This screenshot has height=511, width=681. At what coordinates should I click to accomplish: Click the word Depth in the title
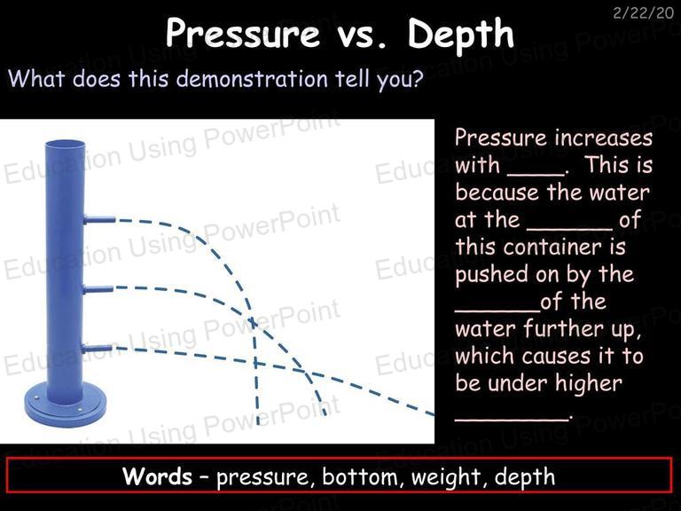click(x=460, y=35)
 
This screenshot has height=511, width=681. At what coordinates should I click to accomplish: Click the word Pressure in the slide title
click(x=242, y=33)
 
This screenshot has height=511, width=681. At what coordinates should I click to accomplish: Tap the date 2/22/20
click(x=644, y=13)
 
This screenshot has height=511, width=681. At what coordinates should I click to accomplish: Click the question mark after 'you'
click(x=418, y=78)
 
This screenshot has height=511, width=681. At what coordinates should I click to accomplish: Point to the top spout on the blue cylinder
click(x=99, y=219)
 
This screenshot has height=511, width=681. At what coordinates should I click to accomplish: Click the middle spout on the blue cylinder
click(x=98, y=289)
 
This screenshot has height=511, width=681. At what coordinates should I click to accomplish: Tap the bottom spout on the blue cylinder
click(x=97, y=348)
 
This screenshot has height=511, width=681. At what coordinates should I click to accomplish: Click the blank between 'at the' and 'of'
click(x=570, y=229)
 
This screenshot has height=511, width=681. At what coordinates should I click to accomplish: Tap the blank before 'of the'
click(x=497, y=311)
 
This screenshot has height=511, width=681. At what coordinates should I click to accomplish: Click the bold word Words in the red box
click(x=157, y=476)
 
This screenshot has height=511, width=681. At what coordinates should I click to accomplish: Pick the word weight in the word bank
click(x=446, y=477)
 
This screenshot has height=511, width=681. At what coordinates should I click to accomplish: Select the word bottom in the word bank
click(x=360, y=476)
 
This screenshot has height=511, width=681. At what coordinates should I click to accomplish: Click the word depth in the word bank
click(x=525, y=477)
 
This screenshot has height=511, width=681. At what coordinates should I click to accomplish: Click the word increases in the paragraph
click(x=604, y=138)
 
